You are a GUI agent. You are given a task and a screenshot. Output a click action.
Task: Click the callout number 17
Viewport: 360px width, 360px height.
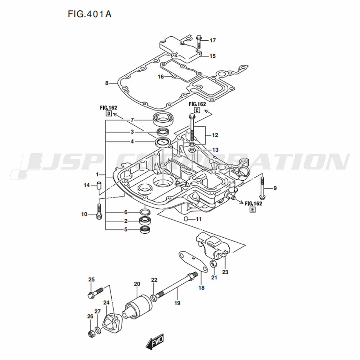click(x=212, y=40)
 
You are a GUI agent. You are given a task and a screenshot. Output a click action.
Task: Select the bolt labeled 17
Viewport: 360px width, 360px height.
click(x=199, y=42)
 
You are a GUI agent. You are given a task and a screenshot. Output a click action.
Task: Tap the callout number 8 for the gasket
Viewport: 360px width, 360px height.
click(x=107, y=83)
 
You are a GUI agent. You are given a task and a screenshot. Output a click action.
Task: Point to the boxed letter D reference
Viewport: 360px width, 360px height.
click(x=108, y=114)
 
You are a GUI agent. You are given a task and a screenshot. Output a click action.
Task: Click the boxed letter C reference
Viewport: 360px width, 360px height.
click(x=197, y=110)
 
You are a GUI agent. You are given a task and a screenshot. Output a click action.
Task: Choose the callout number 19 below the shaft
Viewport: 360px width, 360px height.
click(x=177, y=303)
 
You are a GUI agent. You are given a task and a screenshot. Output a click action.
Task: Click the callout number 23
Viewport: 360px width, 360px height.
click(x=225, y=272)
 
